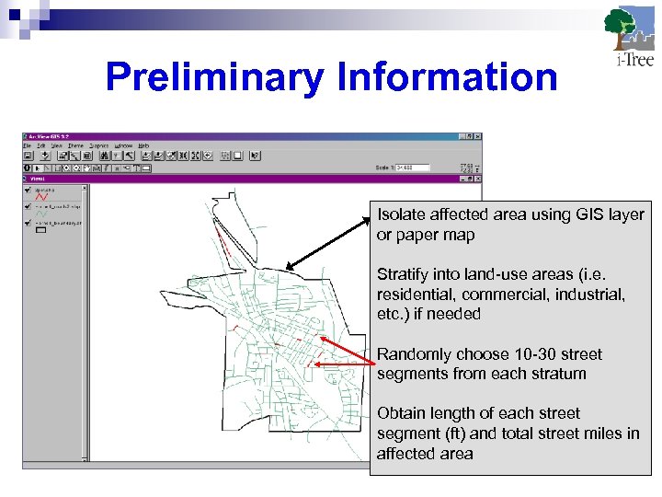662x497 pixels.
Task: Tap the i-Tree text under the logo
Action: click(x=633, y=61)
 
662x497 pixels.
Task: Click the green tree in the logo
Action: click(x=619, y=22)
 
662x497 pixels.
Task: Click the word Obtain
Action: click(x=401, y=413)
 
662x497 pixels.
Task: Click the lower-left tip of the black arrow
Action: click(x=288, y=268)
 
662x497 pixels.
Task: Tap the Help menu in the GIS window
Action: click(x=145, y=145)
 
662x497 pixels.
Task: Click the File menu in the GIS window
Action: click(x=28, y=145)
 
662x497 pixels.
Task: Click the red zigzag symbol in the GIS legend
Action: click(x=40, y=196)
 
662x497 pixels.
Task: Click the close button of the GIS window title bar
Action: click(x=477, y=137)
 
